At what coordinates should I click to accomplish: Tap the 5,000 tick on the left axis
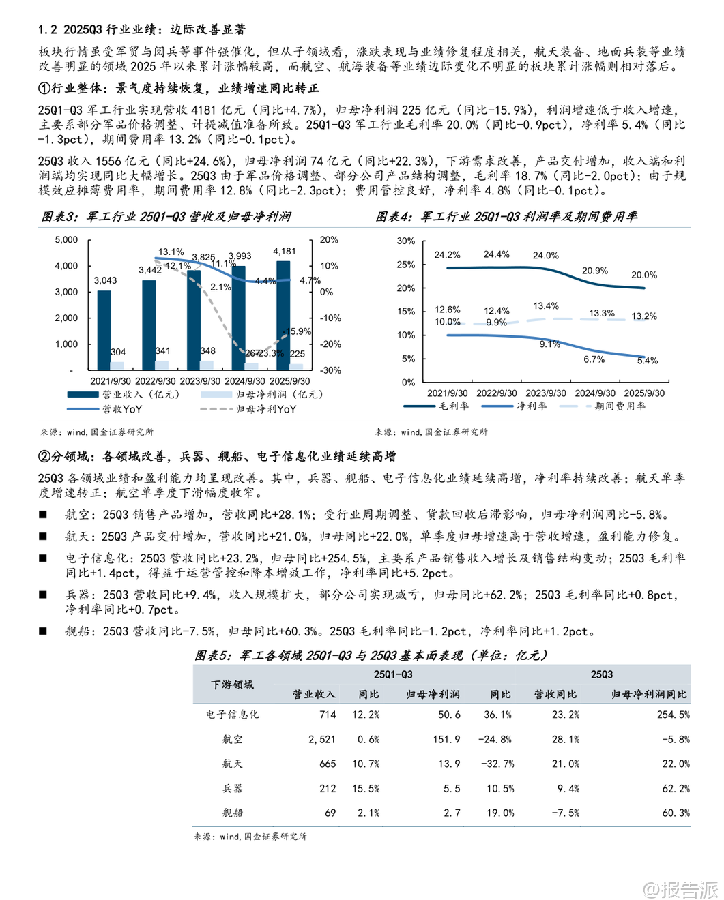pos(66,240)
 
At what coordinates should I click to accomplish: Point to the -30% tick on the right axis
pos(331,370)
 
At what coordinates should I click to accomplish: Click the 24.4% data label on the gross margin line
pos(496,254)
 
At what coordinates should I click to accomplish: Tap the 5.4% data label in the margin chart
pos(647,360)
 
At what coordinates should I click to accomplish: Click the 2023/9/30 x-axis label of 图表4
pos(545,393)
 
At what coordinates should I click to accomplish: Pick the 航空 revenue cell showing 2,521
pos(321,739)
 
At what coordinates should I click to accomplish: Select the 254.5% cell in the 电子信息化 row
pos(673,715)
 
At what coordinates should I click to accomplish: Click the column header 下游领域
pos(232,685)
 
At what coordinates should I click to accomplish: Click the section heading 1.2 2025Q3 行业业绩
pos(142,29)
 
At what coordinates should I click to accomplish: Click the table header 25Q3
pos(601,674)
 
